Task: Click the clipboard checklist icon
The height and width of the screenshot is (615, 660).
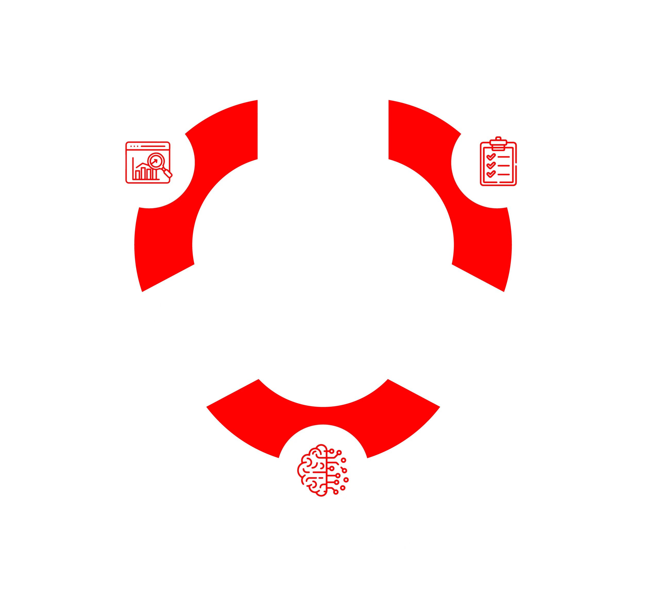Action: point(498,162)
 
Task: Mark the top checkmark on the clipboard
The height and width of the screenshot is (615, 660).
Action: point(491,157)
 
